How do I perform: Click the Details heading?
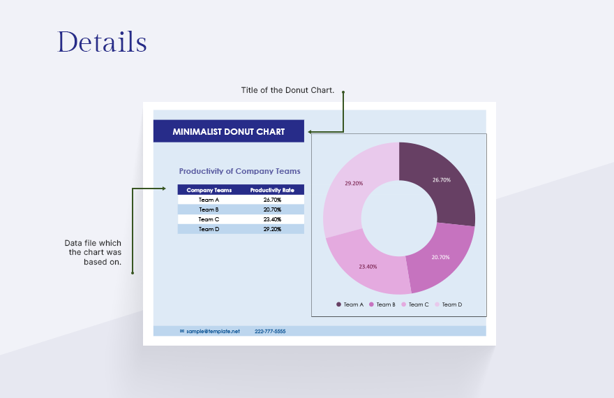point(102,42)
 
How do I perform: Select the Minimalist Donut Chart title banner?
point(228,131)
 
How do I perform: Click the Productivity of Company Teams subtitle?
point(239,171)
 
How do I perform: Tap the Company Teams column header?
point(209,190)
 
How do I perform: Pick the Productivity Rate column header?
point(272,190)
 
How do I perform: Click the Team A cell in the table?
point(209,200)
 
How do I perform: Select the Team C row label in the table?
point(209,219)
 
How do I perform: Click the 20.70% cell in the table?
point(272,209)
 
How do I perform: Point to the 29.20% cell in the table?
point(272,229)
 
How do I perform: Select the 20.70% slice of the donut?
point(440,257)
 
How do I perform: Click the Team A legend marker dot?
point(339,304)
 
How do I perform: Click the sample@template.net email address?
point(213,331)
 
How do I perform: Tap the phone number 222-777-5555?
point(270,331)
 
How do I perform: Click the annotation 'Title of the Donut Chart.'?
point(287,90)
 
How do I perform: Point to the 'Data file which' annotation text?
point(93,243)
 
